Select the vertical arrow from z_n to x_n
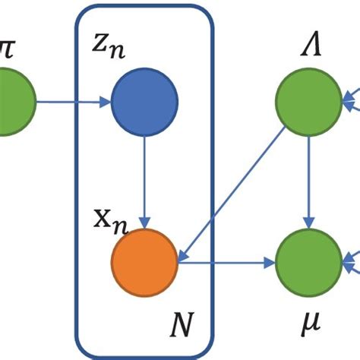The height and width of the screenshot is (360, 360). click(144, 182)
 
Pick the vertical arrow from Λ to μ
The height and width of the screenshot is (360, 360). click(307, 182)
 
